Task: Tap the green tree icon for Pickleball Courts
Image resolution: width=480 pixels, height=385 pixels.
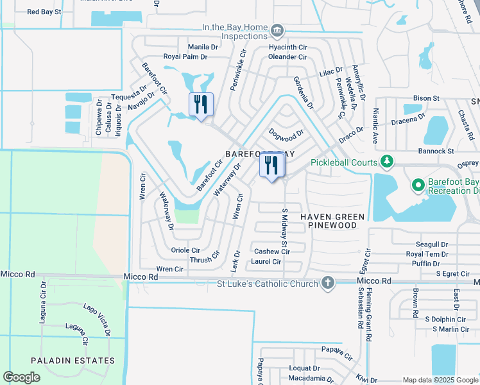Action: [x=386, y=162]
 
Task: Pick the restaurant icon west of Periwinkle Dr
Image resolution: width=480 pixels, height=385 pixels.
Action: [x=201, y=104]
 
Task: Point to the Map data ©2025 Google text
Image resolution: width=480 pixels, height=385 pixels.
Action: [x=440, y=379]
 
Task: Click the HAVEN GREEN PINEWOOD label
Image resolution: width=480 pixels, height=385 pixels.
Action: [x=332, y=221]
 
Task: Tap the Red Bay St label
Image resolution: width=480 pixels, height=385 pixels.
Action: [x=44, y=12]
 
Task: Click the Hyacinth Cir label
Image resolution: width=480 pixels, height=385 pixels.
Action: [x=288, y=47]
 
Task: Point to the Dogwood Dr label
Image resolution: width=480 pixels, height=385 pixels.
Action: [x=286, y=135]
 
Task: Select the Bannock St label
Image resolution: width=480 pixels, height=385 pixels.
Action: [x=436, y=151]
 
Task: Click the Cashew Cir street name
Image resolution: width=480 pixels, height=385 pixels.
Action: [x=272, y=252]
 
